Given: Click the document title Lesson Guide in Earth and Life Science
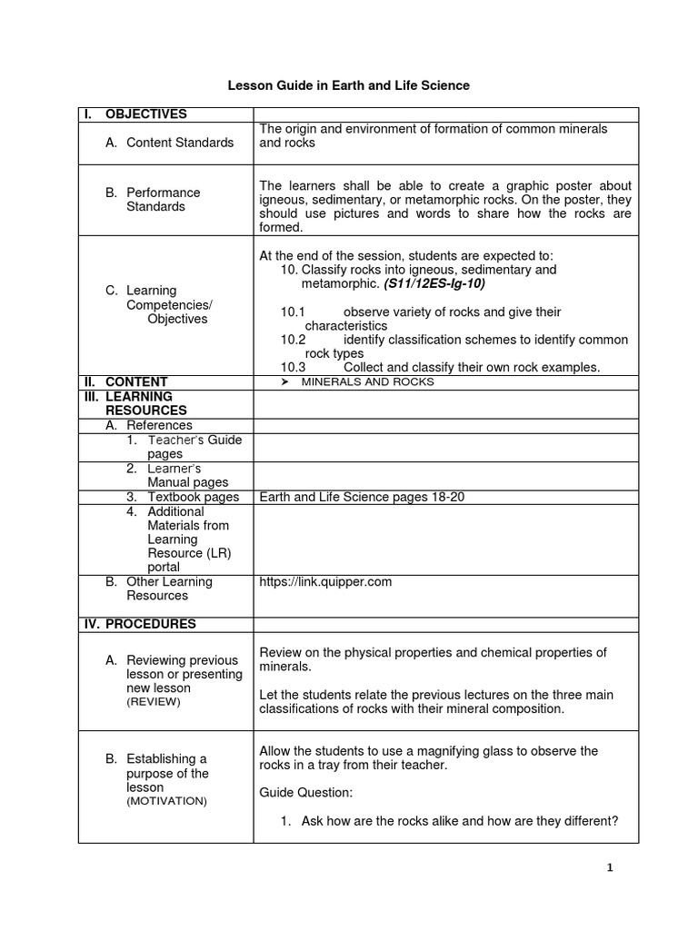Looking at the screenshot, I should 348,85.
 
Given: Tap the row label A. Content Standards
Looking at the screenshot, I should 169,143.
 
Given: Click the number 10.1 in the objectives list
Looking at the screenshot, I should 294,312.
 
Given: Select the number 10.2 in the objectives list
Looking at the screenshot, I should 294,340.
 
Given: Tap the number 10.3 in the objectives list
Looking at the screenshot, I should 294,367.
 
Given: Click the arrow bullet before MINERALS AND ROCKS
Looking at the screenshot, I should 284,382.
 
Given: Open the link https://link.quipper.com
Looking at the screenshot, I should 325,581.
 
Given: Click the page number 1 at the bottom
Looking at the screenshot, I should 610,868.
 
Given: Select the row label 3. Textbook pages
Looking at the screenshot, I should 183,497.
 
